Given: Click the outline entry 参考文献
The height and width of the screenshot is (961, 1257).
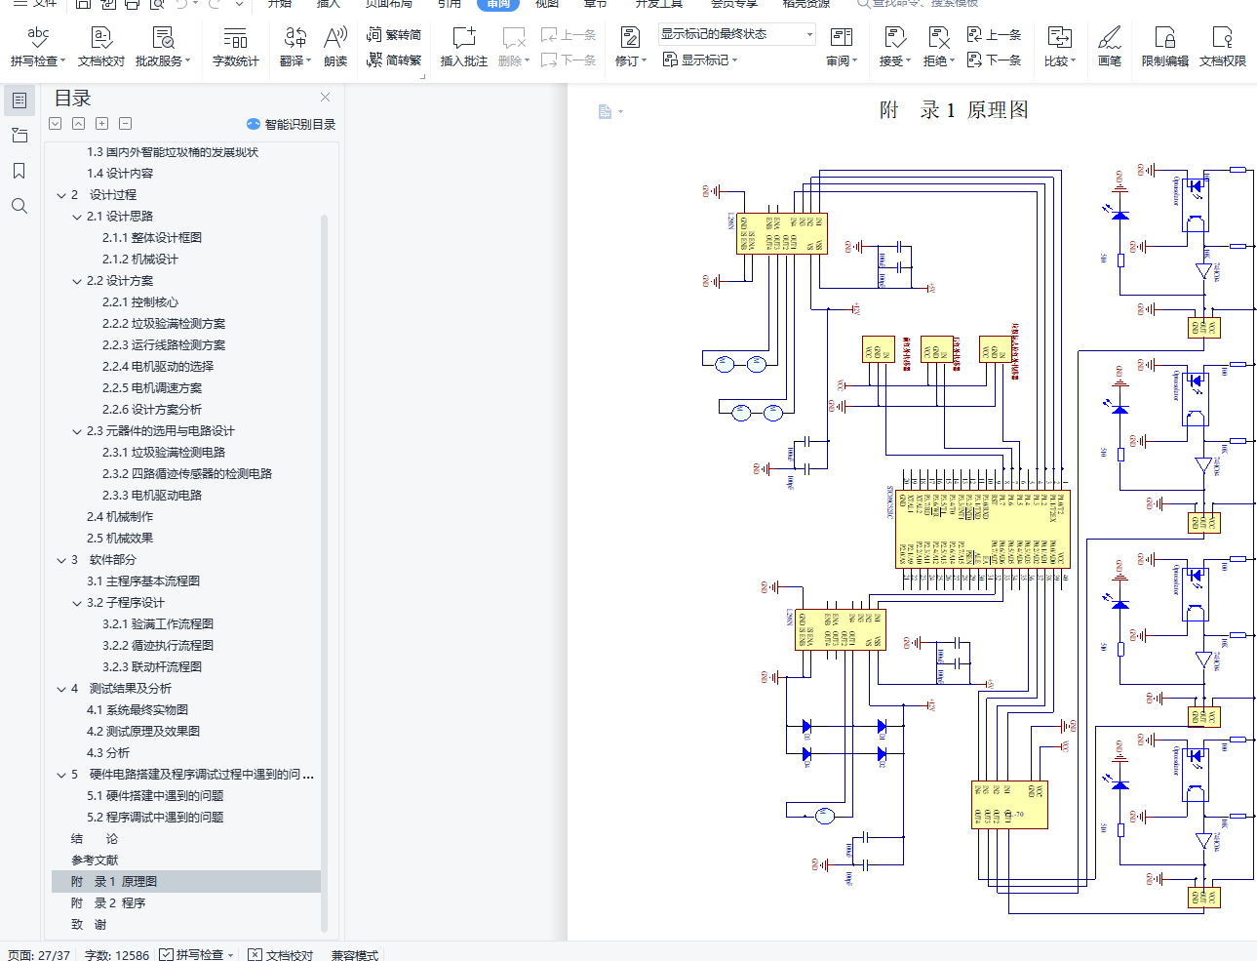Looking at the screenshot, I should (x=95, y=861).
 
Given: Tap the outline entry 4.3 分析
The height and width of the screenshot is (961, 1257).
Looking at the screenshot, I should (x=108, y=753).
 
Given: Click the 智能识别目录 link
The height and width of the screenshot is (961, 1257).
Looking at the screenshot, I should (x=292, y=125).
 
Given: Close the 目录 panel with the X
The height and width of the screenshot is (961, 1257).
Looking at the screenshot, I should (x=326, y=98).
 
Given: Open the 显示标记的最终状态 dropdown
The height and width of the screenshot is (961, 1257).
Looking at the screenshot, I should (x=736, y=34).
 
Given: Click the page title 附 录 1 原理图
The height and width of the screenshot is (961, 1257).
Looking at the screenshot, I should (x=953, y=110).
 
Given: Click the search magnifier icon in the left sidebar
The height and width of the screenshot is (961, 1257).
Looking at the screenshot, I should (x=19, y=206).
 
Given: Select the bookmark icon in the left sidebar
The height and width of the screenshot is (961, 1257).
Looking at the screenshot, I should (x=19, y=171).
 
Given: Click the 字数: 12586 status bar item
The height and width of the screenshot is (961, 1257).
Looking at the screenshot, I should (x=117, y=954).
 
